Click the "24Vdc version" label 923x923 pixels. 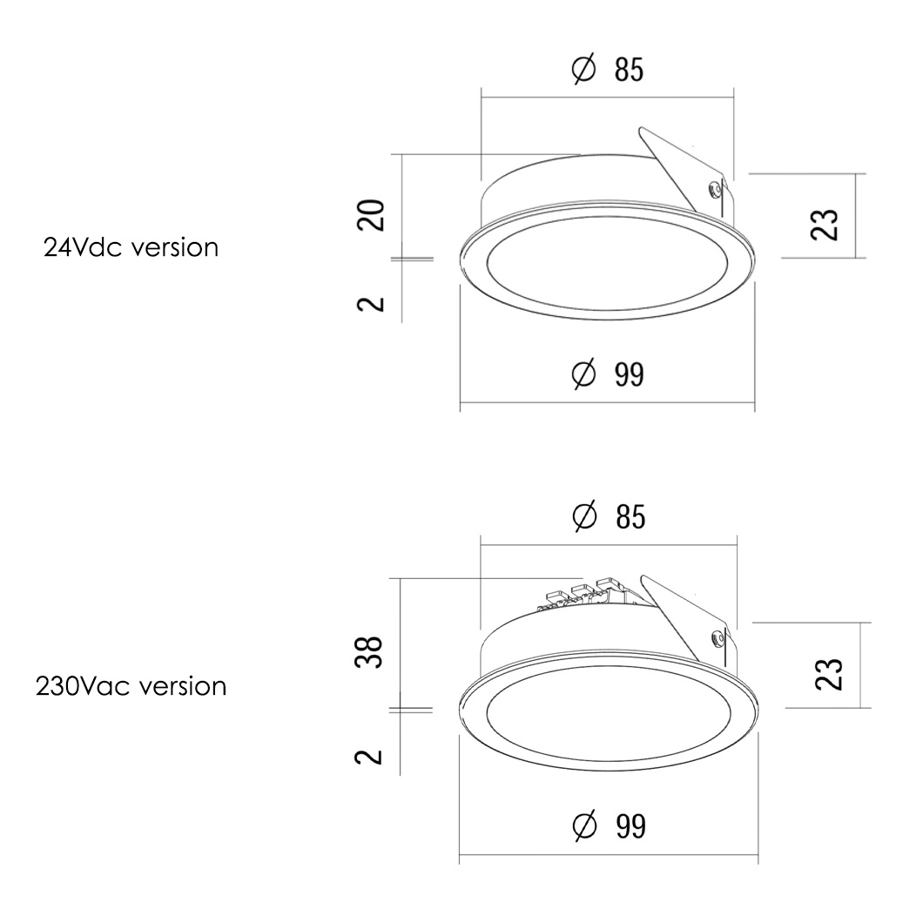(x=131, y=248)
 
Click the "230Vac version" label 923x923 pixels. (x=131, y=686)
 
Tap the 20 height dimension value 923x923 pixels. (x=372, y=215)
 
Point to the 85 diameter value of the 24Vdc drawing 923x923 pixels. (x=630, y=70)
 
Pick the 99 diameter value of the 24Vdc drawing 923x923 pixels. (x=630, y=374)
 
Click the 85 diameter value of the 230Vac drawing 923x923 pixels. (x=630, y=517)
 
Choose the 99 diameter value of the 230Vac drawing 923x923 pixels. (x=631, y=825)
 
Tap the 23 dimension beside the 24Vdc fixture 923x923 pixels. (x=824, y=225)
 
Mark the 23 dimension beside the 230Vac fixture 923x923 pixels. (x=829, y=673)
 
